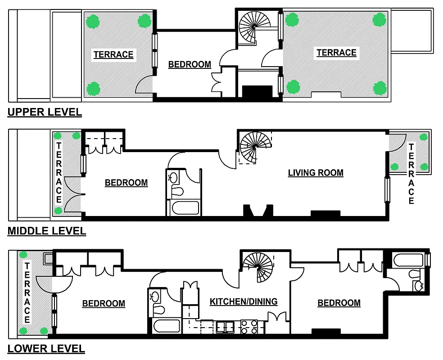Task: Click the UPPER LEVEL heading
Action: coord(45,112)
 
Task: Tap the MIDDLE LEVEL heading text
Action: coord(46,231)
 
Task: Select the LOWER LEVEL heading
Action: coord(46,348)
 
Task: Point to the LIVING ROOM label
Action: coord(316,173)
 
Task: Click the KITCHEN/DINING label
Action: coord(244,301)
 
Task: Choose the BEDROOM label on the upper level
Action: coord(190,65)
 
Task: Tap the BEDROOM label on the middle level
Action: coord(126,183)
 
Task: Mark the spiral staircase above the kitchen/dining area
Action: coord(258,266)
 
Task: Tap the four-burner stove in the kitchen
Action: coord(249,326)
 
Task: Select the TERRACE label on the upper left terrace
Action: coord(113,55)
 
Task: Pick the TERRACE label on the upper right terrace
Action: coord(336,53)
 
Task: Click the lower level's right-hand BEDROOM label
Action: coord(339,303)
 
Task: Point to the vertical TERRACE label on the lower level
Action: coord(27,293)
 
